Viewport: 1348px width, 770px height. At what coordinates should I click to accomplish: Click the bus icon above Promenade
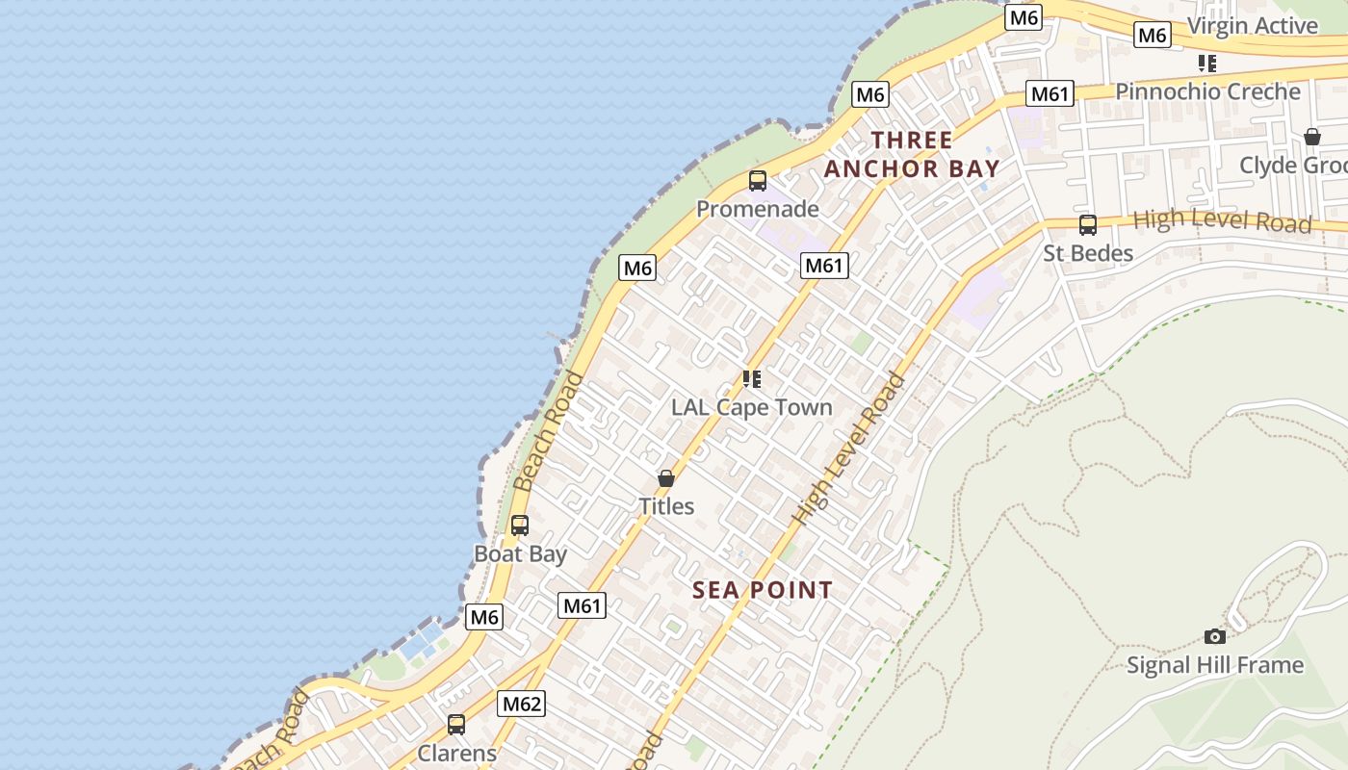[x=758, y=180]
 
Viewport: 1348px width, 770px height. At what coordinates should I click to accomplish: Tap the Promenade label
[x=758, y=209]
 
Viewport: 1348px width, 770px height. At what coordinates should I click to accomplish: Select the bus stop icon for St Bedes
[x=1088, y=225]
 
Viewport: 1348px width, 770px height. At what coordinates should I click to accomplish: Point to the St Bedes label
[x=1088, y=253]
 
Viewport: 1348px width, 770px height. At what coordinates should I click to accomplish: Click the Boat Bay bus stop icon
[x=520, y=526]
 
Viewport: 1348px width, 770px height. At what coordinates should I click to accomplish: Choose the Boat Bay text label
[x=520, y=554]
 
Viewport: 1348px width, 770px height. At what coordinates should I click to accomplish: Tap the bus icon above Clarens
[x=456, y=725]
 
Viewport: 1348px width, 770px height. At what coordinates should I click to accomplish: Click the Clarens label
[x=456, y=753]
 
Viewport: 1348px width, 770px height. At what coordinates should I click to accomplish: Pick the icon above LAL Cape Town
[x=752, y=379]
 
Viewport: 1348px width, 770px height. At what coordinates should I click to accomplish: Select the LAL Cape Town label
[x=752, y=407]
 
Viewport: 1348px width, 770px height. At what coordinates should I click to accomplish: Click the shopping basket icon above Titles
[x=666, y=477]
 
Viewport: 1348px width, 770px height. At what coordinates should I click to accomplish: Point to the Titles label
[x=666, y=506]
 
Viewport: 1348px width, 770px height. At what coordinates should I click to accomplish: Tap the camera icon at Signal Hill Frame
[x=1215, y=636]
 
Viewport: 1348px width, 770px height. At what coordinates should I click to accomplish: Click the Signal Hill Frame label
[x=1215, y=665]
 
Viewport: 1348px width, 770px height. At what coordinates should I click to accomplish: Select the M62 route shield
[x=522, y=704]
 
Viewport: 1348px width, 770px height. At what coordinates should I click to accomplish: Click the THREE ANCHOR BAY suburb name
[x=912, y=154]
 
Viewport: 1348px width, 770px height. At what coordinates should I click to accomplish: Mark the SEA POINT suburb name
[x=763, y=590]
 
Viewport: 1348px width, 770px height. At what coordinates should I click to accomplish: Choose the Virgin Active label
[x=1252, y=26]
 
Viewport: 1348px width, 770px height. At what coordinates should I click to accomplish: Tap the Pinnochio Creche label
[x=1207, y=91]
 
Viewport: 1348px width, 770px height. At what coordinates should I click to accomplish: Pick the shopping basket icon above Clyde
[x=1312, y=137]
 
